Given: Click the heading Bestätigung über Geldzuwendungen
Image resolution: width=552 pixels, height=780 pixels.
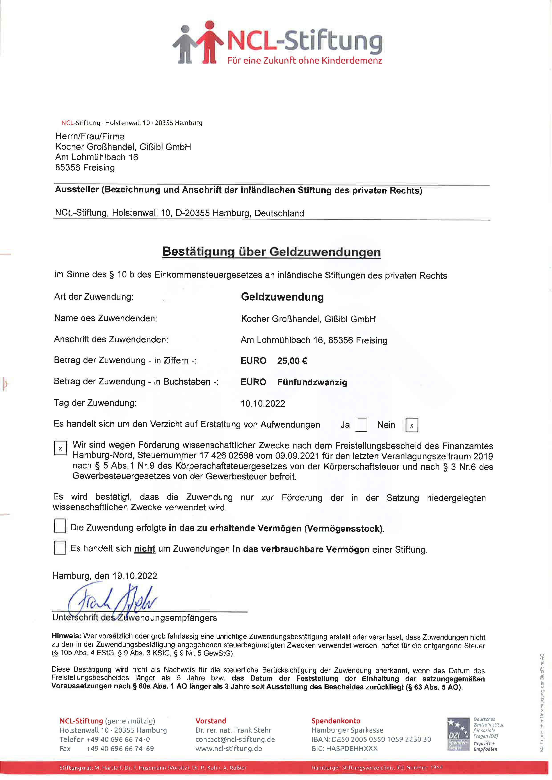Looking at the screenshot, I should pos(271,252).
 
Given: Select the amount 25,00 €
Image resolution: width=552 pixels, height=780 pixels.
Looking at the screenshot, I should pos(292,361).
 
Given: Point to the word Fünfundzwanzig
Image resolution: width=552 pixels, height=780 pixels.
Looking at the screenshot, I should pos(312,382).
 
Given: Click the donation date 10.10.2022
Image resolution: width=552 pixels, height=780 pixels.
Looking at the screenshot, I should pos(263,404).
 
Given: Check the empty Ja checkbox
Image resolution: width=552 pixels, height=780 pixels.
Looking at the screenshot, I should pos(361,425).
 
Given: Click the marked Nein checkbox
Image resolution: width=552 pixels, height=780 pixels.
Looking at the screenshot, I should pos(411,425).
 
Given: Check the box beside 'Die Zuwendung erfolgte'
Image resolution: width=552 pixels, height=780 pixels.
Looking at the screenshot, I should pos(60,526).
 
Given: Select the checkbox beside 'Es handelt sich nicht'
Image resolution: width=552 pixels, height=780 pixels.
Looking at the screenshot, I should pos(60,548).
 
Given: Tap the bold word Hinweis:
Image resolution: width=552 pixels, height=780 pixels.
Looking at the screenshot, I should pos(66,636).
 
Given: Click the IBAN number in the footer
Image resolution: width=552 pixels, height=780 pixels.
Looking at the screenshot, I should pos(371,739).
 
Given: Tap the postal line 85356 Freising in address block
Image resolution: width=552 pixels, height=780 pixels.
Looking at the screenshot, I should pos(85,168).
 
